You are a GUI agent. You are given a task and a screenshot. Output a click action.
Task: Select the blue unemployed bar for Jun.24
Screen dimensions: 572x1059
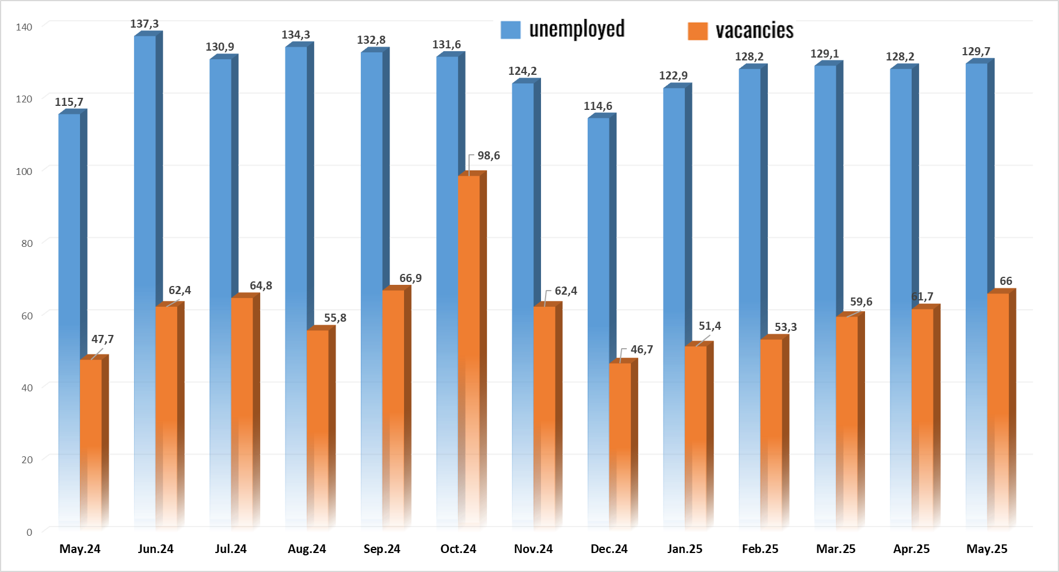[x=144, y=173]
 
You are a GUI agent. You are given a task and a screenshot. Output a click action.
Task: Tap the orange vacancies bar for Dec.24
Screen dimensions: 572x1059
[x=620, y=443]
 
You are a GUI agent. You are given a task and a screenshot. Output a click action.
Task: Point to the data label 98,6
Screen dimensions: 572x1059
[x=489, y=156]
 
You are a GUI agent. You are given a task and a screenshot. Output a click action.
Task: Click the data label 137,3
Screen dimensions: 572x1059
[x=144, y=24]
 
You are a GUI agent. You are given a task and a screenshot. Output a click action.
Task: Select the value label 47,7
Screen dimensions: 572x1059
[x=102, y=340]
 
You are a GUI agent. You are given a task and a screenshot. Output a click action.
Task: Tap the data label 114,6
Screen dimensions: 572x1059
[x=598, y=106]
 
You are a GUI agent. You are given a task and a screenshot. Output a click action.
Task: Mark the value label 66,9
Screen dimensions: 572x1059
[x=410, y=279]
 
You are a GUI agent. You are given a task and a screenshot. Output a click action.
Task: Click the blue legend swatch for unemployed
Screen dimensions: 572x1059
[x=511, y=30]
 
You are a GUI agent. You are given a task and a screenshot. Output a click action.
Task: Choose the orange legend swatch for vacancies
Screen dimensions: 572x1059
[x=698, y=31]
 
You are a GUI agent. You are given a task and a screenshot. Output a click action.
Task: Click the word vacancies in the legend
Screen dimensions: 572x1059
[x=754, y=30]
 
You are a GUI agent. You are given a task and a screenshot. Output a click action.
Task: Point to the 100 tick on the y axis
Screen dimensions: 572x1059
[x=24, y=171]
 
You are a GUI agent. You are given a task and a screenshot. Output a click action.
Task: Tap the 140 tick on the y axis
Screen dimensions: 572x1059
[x=24, y=27]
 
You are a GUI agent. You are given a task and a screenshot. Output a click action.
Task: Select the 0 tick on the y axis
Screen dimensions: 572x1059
[x=29, y=532]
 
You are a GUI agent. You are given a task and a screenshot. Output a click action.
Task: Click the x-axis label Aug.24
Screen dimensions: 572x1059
[x=307, y=549]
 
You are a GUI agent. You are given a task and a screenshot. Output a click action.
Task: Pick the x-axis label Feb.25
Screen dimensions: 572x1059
[x=760, y=549]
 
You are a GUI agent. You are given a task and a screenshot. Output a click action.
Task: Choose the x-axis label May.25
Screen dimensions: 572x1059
[x=986, y=549]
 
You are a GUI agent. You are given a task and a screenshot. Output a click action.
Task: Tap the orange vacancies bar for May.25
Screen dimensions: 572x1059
[x=998, y=409]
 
